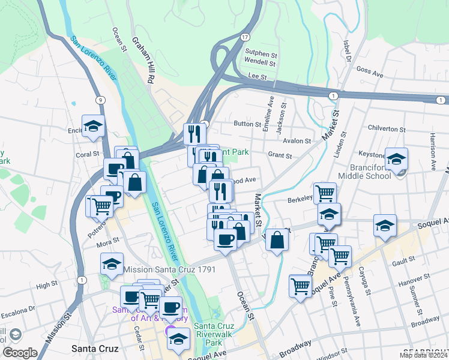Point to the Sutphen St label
tap(260, 52)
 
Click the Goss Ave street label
tap(369, 73)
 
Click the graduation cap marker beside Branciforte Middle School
tap(396, 160)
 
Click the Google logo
tap(20, 353)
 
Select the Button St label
tap(246, 124)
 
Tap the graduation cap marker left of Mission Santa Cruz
tap(111, 264)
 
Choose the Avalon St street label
tap(298, 142)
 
